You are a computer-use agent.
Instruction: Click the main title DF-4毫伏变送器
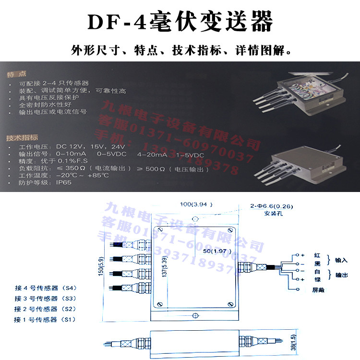(180, 22)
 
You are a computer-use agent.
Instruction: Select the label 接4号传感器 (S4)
(46, 288)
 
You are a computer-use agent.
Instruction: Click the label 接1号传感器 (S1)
(46, 319)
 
